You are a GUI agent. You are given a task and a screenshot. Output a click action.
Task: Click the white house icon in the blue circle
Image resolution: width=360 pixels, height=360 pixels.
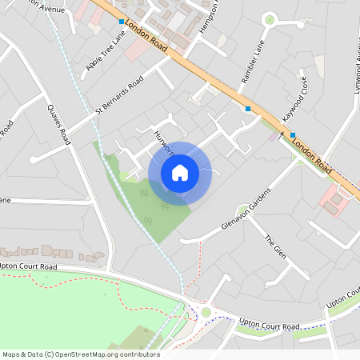pos(180,172)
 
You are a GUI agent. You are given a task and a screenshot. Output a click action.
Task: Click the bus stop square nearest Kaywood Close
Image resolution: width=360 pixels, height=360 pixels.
pos(292,134)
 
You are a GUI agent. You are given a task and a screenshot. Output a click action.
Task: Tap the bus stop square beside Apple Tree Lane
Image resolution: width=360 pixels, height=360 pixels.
pos(122,22)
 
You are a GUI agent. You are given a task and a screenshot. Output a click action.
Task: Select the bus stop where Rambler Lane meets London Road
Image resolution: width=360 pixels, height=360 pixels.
pos(248,108)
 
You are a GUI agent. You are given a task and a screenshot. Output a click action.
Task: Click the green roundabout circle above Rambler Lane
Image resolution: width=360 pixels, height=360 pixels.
pos(269,18)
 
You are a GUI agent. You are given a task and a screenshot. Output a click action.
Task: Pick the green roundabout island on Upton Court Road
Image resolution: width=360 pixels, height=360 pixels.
pos(206,312)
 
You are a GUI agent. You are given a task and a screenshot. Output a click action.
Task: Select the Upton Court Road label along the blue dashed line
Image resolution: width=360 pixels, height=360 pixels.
pos(270,325)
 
